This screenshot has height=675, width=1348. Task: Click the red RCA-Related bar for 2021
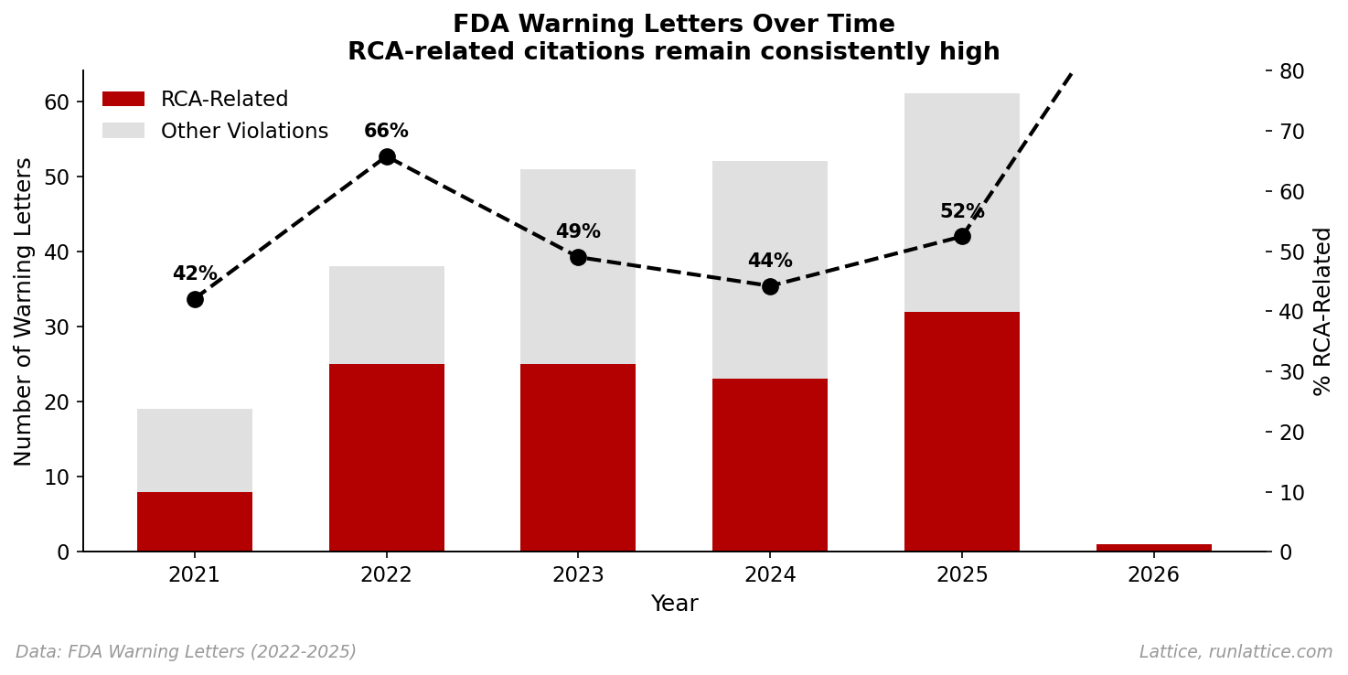pyautogui.click(x=195, y=521)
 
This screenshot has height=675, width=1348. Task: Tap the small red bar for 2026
pyautogui.click(x=1153, y=547)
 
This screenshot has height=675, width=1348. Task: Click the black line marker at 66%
pyautogui.click(x=387, y=156)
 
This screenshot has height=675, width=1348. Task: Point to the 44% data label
pyautogui.click(x=770, y=262)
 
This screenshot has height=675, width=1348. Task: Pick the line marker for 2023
pyautogui.click(x=578, y=257)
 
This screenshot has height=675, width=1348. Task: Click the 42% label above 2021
pyautogui.click(x=195, y=274)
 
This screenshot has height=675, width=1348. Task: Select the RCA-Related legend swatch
pyautogui.click(x=123, y=99)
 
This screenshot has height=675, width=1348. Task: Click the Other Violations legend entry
pyautogui.click(x=243, y=131)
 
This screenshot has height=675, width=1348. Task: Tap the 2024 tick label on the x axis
pyautogui.click(x=770, y=575)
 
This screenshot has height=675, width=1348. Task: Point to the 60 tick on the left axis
pyautogui.click(x=57, y=102)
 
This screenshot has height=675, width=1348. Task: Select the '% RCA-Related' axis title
pyautogui.click(x=1322, y=311)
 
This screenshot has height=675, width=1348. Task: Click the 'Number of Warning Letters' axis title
pyautogui.click(x=24, y=311)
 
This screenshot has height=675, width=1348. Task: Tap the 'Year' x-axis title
pyautogui.click(x=674, y=605)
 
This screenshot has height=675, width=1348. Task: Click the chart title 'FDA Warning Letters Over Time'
pyautogui.click(x=674, y=25)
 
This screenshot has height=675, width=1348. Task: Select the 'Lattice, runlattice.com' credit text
pyautogui.click(x=1236, y=652)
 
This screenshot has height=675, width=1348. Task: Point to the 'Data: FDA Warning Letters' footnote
pyautogui.click(x=186, y=652)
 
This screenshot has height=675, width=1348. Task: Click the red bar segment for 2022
pyautogui.click(x=387, y=457)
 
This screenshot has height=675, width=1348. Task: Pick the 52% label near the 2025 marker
pyautogui.click(x=961, y=212)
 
